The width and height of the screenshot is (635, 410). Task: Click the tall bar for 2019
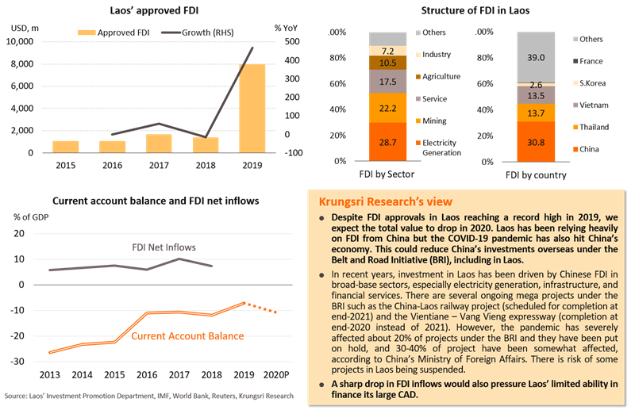(x=253, y=107)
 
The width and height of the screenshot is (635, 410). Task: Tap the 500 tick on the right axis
(x=293, y=41)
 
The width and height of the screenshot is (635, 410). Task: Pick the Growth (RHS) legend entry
(x=194, y=32)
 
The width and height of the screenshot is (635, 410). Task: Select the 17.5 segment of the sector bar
(x=388, y=80)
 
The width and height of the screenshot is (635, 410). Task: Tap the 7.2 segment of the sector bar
(x=388, y=50)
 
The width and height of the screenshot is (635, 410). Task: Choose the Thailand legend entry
(x=593, y=126)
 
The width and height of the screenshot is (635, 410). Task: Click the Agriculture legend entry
(x=441, y=76)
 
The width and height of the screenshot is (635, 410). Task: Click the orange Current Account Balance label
(x=187, y=336)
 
